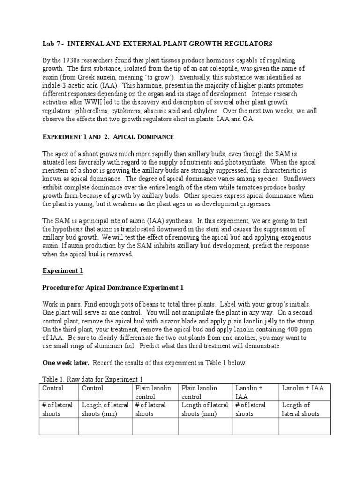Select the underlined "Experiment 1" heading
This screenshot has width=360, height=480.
click(63, 270)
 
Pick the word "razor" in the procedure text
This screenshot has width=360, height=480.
click(182, 321)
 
